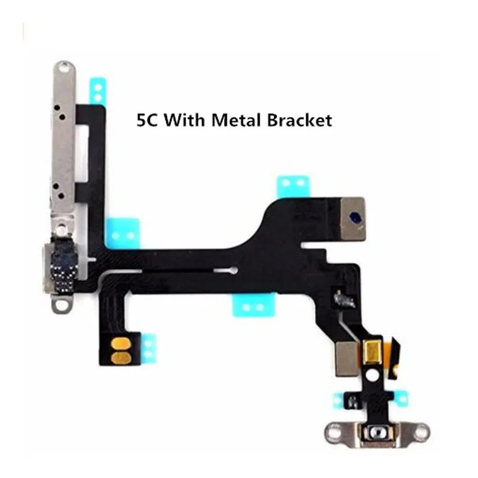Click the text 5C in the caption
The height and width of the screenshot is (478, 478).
coord(147,120)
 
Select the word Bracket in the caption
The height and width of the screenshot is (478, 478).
coord(300,120)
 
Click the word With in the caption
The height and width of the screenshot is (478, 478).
coord(185,120)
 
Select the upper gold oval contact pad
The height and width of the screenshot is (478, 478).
coord(121,344)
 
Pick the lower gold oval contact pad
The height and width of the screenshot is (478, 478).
coord(121,358)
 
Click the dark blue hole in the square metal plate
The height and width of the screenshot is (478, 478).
coord(355,217)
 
